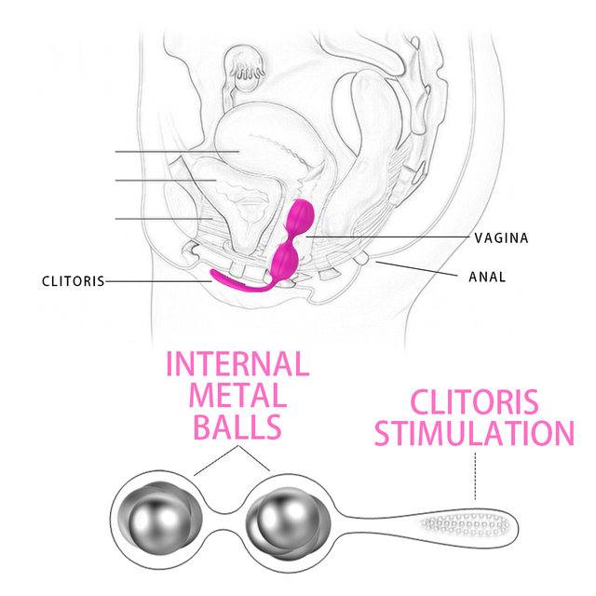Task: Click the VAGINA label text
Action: [501, 238]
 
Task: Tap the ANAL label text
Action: [487, 277]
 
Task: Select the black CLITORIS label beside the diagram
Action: [73, 281]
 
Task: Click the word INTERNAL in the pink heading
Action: [237, 364]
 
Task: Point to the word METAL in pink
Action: [237, 395]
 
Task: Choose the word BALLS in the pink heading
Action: [237, 427]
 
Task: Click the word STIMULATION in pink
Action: [474, 433]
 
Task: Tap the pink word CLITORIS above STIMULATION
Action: [474, 401]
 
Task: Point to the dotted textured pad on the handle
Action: [465, 525]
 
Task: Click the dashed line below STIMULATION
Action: [475, 476]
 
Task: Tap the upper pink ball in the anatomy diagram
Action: [300, 215]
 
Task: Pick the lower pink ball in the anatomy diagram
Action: [286, 259]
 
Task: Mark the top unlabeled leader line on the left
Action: [177, 151]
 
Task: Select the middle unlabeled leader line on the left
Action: [166, 180]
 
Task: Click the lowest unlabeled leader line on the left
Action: [164, 219]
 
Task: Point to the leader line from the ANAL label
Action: [416, 268]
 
